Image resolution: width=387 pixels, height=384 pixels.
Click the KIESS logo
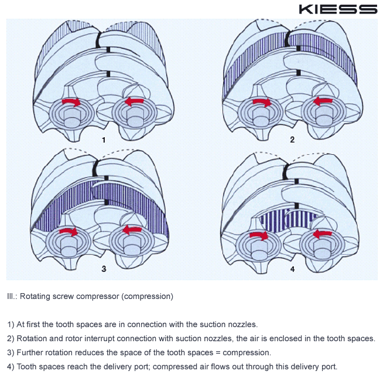point(338,9)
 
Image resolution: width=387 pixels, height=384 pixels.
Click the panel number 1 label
point(104,140)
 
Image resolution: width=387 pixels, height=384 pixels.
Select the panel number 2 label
point(292,140)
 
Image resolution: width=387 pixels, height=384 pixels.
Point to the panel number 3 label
point(104,269)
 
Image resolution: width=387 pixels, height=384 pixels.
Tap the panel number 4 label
point(292,269)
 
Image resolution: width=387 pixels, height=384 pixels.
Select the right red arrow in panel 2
point(323,102)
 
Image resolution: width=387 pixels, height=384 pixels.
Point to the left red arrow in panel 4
point(258,235)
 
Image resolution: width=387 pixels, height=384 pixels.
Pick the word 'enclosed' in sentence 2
point(291,338)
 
